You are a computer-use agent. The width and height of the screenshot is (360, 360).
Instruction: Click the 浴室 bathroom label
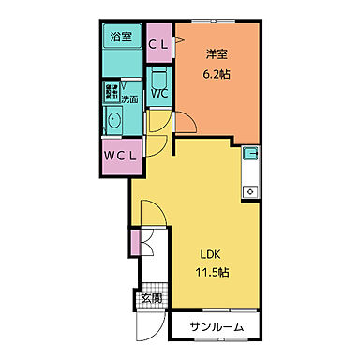(121, 37)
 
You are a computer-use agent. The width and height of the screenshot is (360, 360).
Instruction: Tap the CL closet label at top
(159, 44)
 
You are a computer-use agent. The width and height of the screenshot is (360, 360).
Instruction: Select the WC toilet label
(158, 94)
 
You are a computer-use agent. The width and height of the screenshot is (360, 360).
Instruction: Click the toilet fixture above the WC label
(158, 76)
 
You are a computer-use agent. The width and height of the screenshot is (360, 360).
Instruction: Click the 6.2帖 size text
(217, 73)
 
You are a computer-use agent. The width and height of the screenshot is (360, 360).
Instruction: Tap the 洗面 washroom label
(129, 98)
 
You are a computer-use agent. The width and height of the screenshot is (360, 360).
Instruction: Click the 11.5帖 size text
(213, 272)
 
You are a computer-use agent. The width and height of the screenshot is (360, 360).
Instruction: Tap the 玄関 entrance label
(151, 299)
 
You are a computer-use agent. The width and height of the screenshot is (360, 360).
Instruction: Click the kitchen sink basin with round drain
(250, 191)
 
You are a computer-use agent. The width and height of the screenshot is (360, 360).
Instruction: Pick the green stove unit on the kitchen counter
(250, 153)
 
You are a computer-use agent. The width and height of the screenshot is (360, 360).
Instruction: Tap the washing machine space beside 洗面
(111, 95)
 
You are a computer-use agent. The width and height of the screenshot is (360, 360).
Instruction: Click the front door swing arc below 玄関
(148, 323)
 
